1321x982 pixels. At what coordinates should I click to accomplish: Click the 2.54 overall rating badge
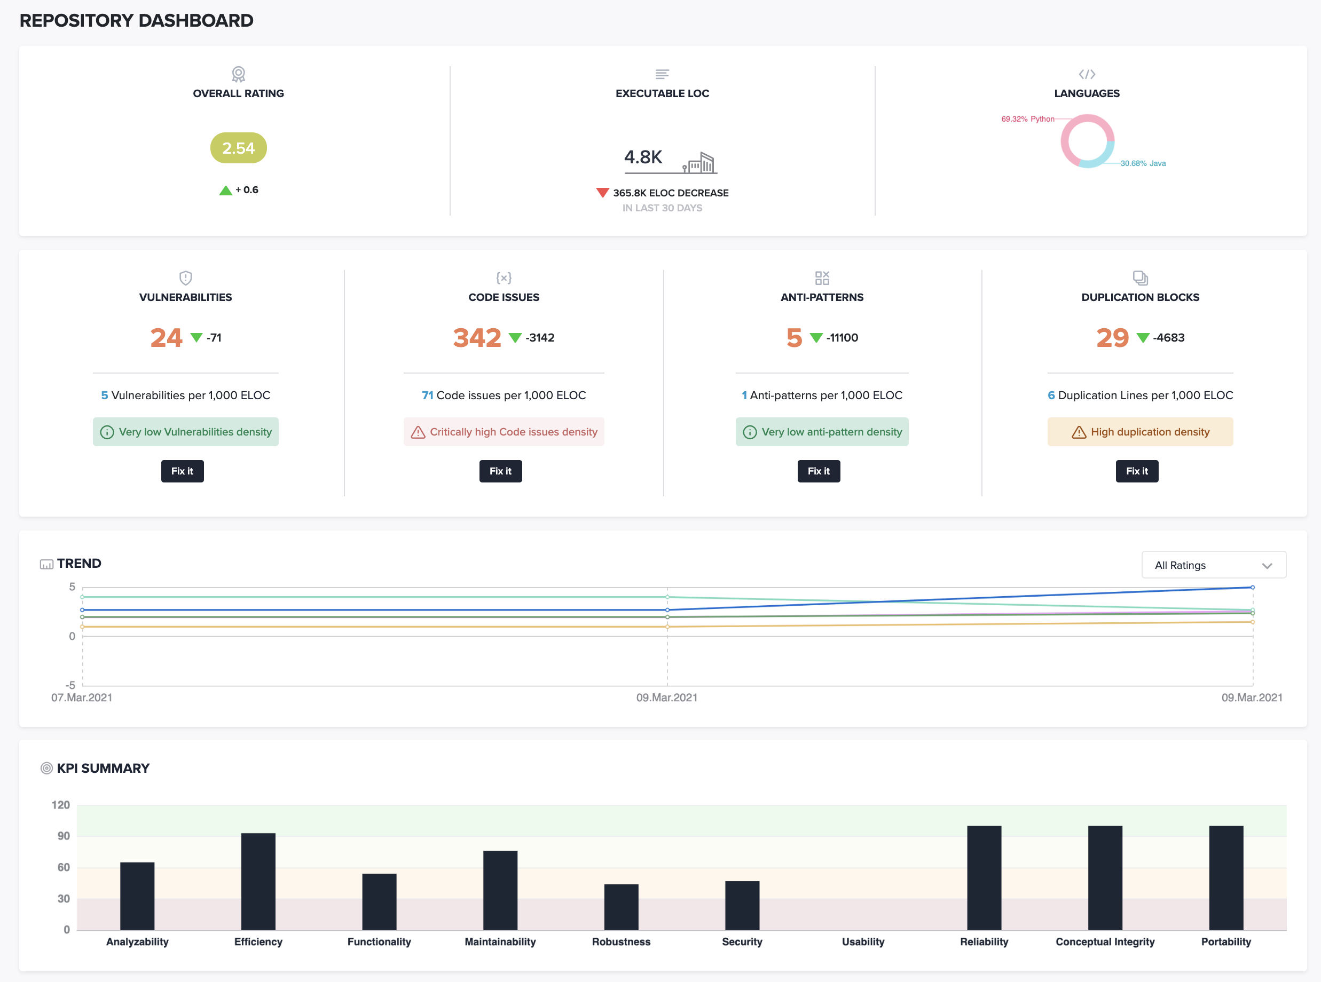tap(238, 148)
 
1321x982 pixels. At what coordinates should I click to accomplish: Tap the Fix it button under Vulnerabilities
tap(182, 471)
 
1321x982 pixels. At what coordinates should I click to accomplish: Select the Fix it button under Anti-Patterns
tap(819, 471)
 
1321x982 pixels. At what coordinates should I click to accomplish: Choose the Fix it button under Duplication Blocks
tap(1137, 471)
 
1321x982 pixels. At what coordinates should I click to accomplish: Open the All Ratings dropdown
tap(1213, 565)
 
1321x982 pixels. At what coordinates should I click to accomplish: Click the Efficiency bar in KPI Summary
tap(258, 881)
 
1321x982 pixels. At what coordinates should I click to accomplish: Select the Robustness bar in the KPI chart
tap(621, 907)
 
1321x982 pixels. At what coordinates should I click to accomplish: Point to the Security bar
tap(742, 905)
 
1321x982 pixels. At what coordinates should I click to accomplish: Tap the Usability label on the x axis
tap(862, 941)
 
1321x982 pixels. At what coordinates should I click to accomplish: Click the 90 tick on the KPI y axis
tap(63, 836)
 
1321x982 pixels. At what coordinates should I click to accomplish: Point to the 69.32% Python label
tap(1027, 119)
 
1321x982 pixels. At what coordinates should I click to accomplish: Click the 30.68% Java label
tap(1143, 163)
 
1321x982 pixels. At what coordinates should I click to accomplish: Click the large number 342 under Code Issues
tap(477, 338)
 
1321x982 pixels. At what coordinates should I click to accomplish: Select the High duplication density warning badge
tap(1139, 432)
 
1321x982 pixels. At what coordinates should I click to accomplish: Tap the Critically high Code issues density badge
tap(503, 432)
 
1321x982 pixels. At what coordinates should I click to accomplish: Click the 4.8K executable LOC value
tap(642, 157)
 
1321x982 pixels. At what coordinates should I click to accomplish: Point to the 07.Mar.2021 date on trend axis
tap(82, 697)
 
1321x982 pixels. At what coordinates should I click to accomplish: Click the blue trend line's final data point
tap(1252, 587)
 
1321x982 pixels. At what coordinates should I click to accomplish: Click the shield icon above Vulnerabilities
tap(186, 278)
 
